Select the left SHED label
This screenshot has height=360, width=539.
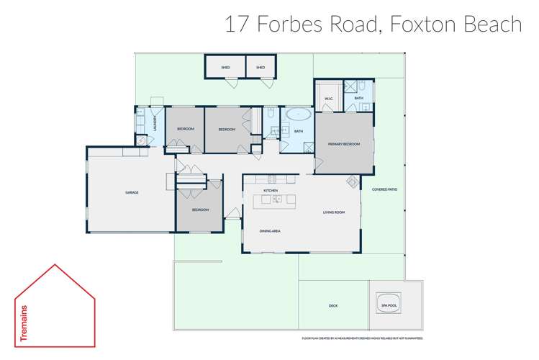pyautogui.click(x=225, y=67)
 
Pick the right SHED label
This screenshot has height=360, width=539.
pyautogui.click(x=260, y=67)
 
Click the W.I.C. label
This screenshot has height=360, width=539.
pyautogui.click(x=327, y=99)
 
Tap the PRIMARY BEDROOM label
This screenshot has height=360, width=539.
pyautogui.click(x=343, y=145)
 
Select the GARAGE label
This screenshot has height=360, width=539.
pyautogui.click(x=132, y=192)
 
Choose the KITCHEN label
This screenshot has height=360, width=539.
pyautogui.click(x=271, y=190)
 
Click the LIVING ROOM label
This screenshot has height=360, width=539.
pyautogui.click(x=333, y=212)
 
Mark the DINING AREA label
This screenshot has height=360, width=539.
pyautogui.click(x=270, y=231)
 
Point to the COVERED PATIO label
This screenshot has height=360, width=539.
pyautogui.click(x=384, y=189)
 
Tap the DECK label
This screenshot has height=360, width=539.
pyautogui.click(x=333, y=305)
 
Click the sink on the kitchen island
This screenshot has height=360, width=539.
pyautogui.click(x=276, y=199)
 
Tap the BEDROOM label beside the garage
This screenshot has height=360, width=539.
pyautogui.click(x=199, y=210)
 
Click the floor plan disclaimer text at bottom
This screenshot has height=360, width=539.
pyautogui.click(x=362, y=338)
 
